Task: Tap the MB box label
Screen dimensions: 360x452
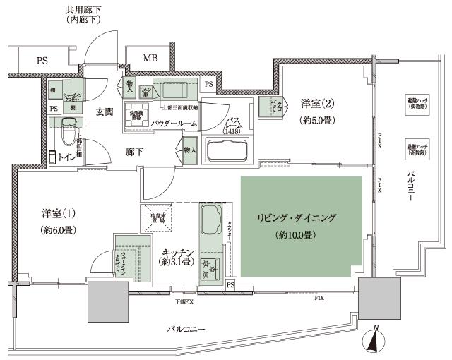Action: click(151, 59)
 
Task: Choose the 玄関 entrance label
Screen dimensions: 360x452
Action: click(105, 112)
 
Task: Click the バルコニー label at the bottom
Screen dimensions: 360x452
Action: click(186, 330)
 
